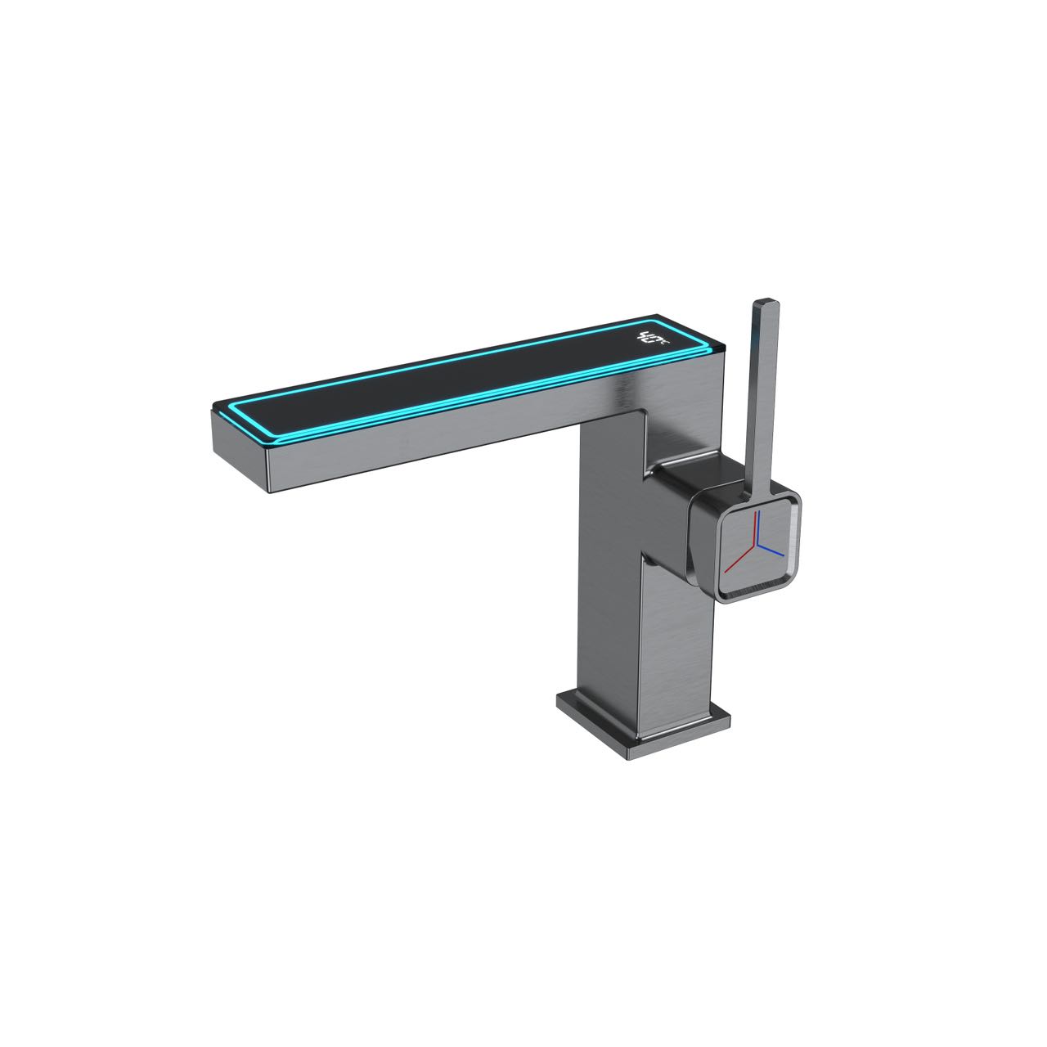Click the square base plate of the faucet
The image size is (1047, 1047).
(x=642, y=724)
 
